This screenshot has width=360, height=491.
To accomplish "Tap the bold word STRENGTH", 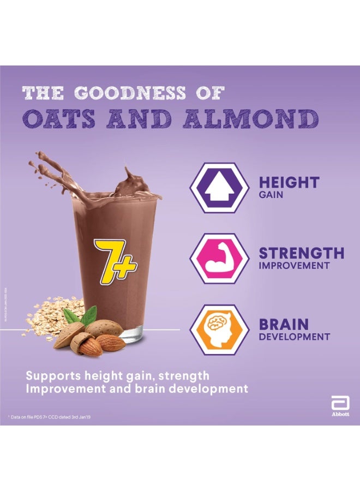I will (x=301, y=253).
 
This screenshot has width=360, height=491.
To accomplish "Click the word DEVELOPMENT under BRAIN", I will (x=294, y=337).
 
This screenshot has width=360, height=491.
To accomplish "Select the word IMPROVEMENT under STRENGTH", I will (x=294, y=266).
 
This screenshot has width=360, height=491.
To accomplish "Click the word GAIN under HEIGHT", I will (x=271, y=195).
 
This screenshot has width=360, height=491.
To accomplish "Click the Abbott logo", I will (x=340, y=407).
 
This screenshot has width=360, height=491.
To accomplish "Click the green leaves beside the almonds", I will (x=82, y=315).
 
